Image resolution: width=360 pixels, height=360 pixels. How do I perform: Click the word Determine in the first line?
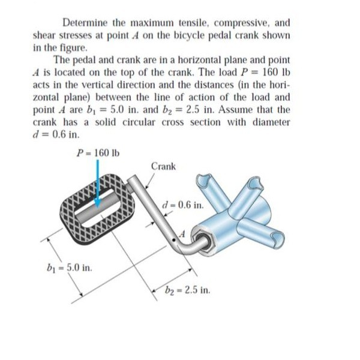click(x=86, y=23)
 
